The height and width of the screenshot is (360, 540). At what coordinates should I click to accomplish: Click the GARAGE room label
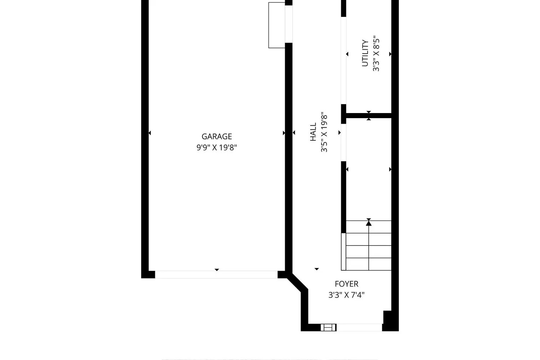[x=217, y=136]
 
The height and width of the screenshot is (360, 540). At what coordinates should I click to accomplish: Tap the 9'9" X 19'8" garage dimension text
[x=217, y=147]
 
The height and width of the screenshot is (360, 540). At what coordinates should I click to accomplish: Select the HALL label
[x=313, y=132]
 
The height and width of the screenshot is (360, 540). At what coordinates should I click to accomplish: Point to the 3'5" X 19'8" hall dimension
[x=324, y=132]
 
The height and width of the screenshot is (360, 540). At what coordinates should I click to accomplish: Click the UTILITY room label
[x=365, y=53]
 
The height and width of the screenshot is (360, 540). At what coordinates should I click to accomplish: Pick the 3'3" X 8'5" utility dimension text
[x=376, y=54]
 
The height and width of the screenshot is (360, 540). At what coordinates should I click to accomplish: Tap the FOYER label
[x=346, y=284]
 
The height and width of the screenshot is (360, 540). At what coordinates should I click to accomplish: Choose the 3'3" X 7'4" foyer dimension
[x=346, y=295]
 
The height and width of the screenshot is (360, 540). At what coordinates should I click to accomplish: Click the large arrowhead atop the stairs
[x=369, y=223]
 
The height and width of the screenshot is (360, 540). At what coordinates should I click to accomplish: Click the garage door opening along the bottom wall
[x=216, y=274]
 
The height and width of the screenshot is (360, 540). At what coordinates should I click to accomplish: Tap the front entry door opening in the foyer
[x=359, y=327]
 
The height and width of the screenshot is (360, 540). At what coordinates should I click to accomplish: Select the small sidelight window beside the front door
[x=328, y=328]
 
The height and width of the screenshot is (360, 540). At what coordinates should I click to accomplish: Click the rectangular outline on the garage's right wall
[x=277, y=25]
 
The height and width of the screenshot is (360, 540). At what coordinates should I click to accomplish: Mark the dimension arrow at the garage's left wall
[x=150, y=133]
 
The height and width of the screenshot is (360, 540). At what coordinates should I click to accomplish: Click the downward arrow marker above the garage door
[x=217, y=270]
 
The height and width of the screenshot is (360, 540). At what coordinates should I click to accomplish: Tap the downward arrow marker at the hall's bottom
[x=316, y=269]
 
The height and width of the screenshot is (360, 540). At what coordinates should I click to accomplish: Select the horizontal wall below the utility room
[x=369, y=116]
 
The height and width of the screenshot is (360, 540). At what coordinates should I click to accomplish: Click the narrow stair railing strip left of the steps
[x=343, y=252]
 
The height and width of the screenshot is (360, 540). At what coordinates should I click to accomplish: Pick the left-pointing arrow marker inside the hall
[x=294, y=132]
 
